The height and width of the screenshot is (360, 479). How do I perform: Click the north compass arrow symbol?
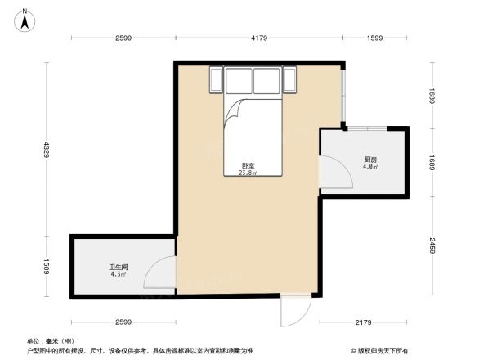(25, 19)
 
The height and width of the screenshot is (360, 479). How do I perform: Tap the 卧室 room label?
(247, 165)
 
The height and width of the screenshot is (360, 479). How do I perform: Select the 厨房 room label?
(369, 159)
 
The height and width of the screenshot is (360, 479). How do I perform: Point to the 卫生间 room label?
(118, 267)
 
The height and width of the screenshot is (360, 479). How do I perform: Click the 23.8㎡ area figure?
(247, 173)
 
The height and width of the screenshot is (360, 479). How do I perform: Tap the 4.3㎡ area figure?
(118, 274)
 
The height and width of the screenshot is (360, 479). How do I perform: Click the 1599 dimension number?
(374, 38)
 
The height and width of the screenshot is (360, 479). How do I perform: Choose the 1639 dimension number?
(433, 95)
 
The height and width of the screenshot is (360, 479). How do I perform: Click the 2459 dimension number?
(433, 244)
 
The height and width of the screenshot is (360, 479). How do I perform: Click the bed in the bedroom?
(252, 131)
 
